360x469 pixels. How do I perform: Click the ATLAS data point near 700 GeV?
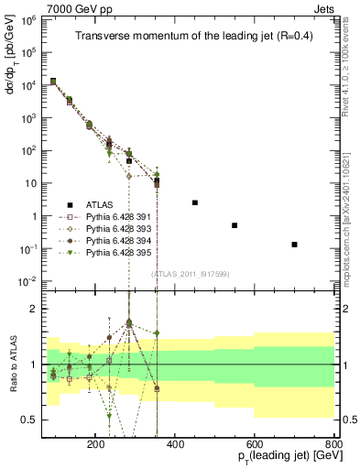point(295,245)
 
